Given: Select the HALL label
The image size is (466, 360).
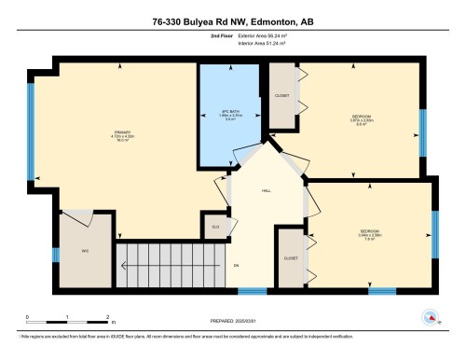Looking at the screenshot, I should tap(266, 189).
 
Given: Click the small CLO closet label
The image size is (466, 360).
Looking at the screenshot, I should tap(215, 225).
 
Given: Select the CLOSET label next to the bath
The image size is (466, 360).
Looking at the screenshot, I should tap(281, 96).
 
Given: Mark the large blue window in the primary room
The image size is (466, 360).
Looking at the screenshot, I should tap(32, 132).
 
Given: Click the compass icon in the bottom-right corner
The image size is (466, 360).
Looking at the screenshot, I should tap(430, 317).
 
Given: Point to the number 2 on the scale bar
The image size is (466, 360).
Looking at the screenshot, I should tap(108, 318).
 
